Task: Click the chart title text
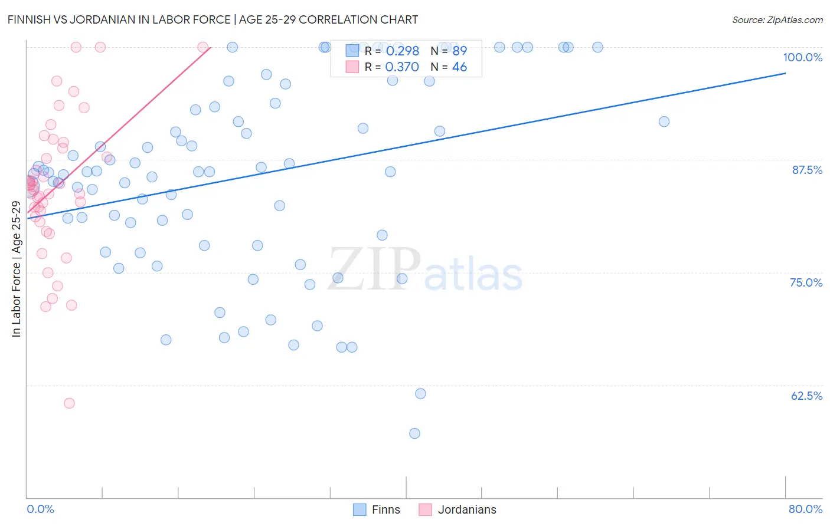213,19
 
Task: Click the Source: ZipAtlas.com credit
777,19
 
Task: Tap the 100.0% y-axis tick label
802,57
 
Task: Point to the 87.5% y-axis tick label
806,170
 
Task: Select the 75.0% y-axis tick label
806,282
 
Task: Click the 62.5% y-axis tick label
806,396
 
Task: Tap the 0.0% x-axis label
40,509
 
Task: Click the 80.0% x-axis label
805,509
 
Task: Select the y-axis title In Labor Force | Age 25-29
16,269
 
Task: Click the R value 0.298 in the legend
402,51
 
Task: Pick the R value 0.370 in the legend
402,67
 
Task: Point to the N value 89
459,51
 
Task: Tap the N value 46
459,67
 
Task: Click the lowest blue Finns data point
414,433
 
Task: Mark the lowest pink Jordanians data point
69,403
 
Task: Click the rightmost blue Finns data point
664,121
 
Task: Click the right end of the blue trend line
785,73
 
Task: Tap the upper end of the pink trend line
210,47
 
